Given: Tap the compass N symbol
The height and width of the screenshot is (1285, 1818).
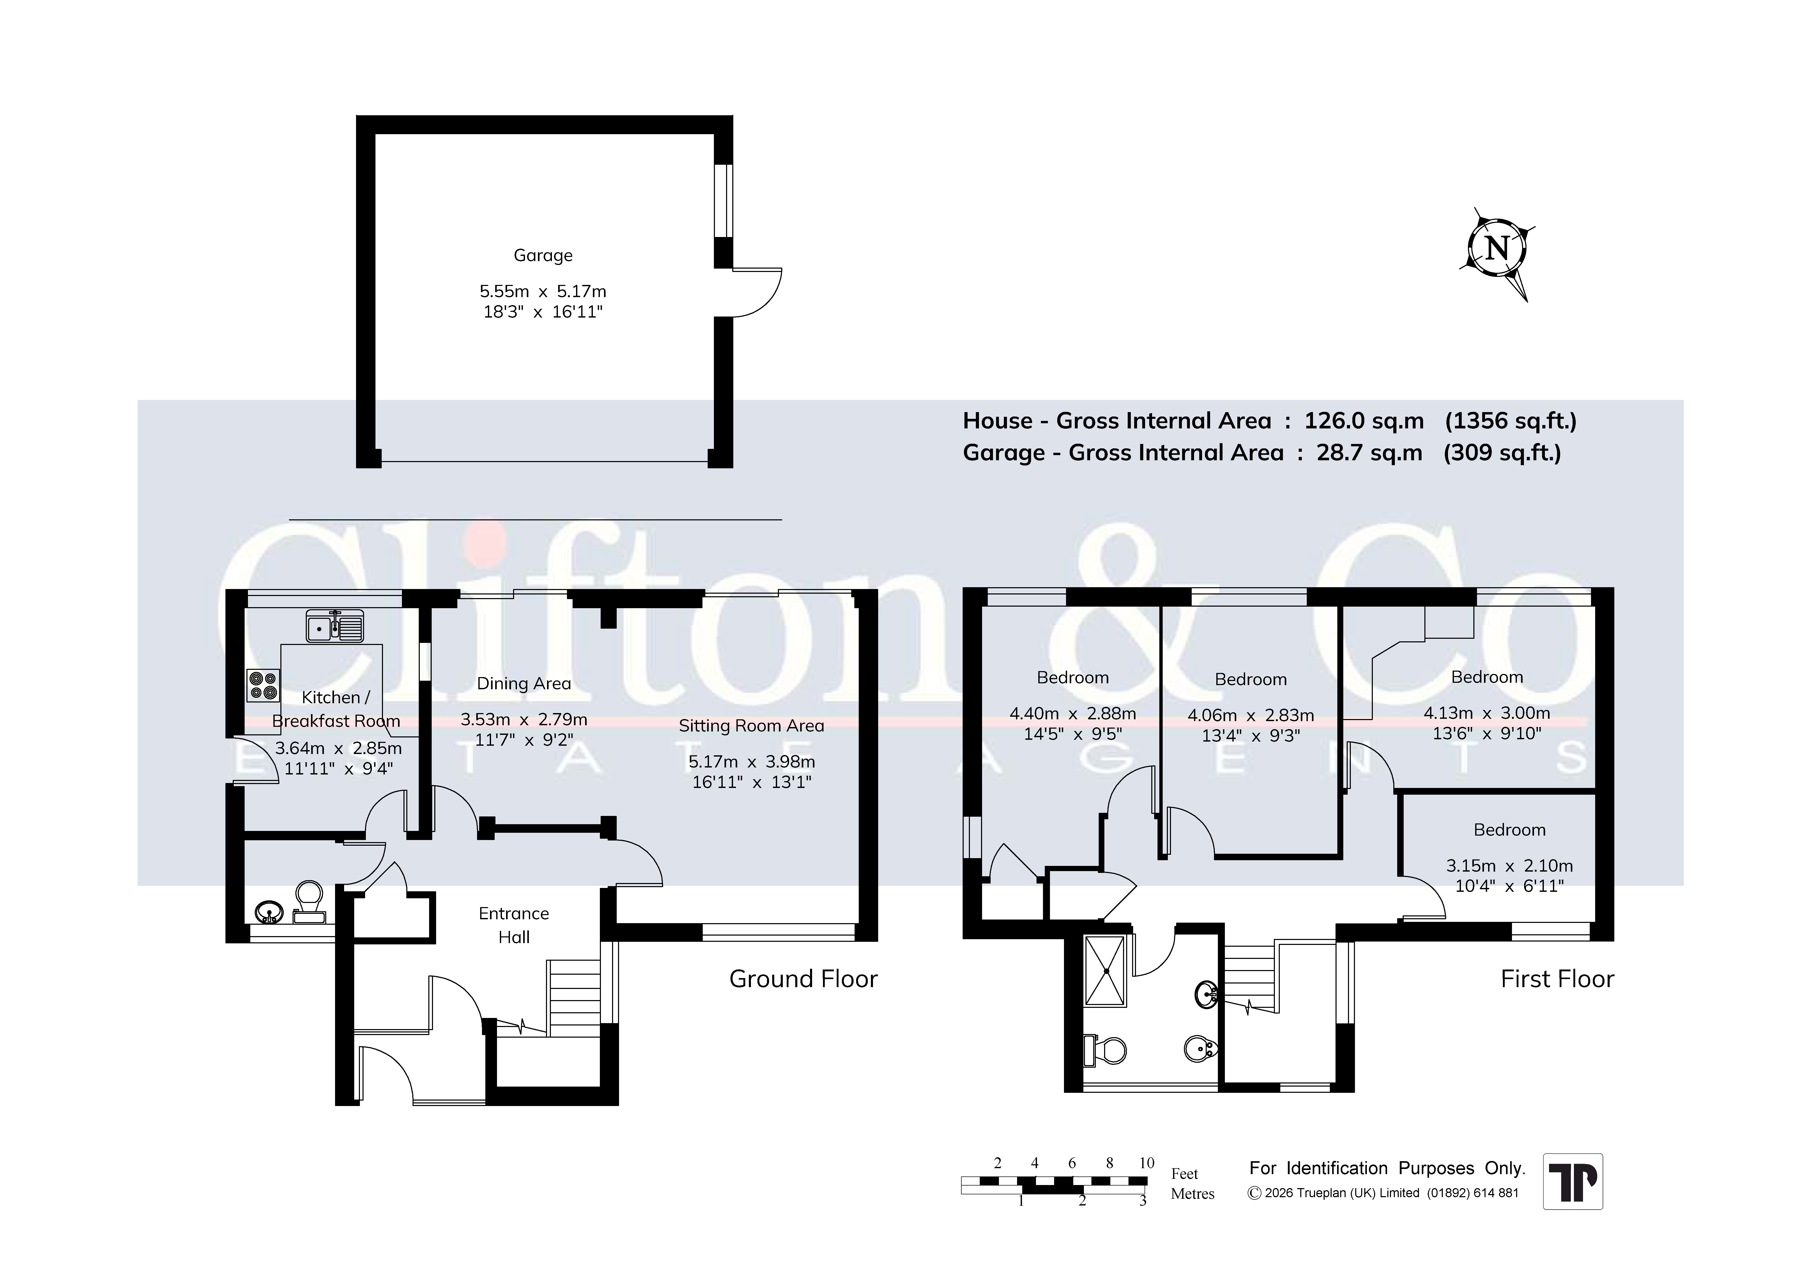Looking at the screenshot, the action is click(1496, 249).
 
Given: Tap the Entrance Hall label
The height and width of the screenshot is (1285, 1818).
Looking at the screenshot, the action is click(514, 925).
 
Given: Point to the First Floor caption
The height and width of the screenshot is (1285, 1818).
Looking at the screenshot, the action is click(1557, 979).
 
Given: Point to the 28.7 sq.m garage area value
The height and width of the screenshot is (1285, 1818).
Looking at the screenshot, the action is click(1369, 453).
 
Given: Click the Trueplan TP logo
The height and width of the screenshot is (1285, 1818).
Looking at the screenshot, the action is click(1573, 1181).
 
